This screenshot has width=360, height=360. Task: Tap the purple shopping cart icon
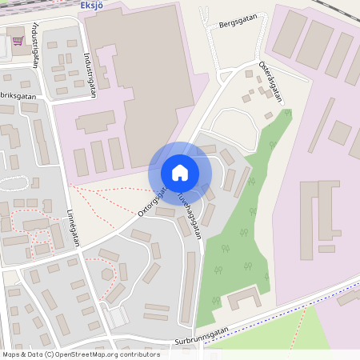coord(18,41)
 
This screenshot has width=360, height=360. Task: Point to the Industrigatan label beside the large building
coord(89,74)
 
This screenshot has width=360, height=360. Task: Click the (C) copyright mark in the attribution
coord(50,354)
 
